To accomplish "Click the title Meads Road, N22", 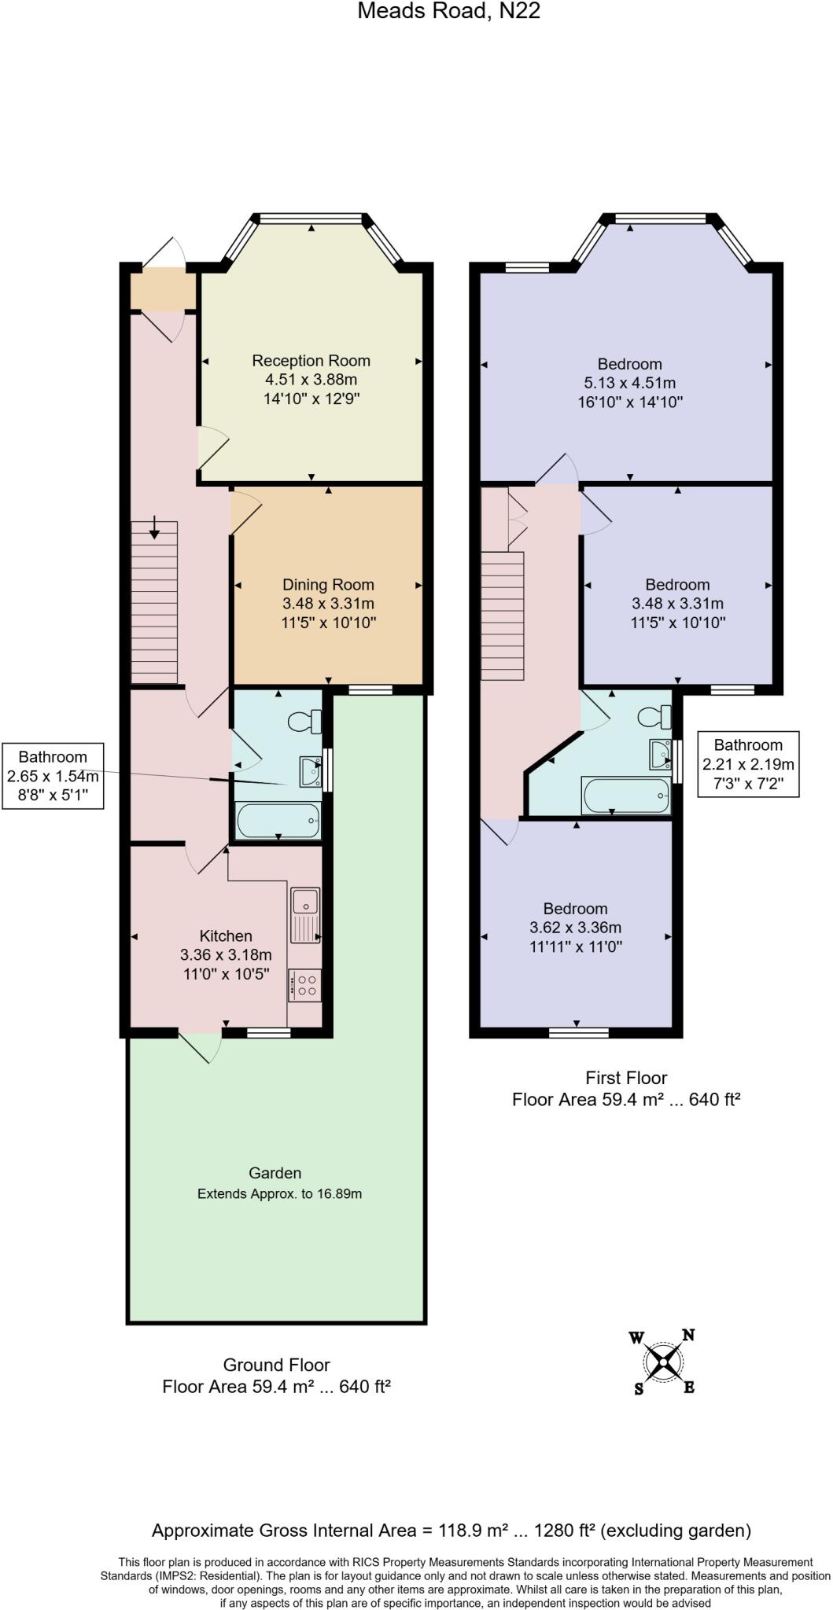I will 448,11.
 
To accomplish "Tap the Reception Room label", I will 311,361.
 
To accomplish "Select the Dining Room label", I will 328,585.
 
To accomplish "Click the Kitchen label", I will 226,935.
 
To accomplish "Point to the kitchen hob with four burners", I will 305,986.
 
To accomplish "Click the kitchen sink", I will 304,914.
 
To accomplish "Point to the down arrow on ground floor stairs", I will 154,527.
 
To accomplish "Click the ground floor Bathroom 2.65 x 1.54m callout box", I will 53,776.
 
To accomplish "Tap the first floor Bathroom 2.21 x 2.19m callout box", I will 748,764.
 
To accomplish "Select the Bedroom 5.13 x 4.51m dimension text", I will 629,384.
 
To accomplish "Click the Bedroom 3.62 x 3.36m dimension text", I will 575,928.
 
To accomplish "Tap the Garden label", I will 275,1173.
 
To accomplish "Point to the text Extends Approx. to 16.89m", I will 279,1193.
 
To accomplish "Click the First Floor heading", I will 626,1078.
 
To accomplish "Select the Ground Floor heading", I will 276,1365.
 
